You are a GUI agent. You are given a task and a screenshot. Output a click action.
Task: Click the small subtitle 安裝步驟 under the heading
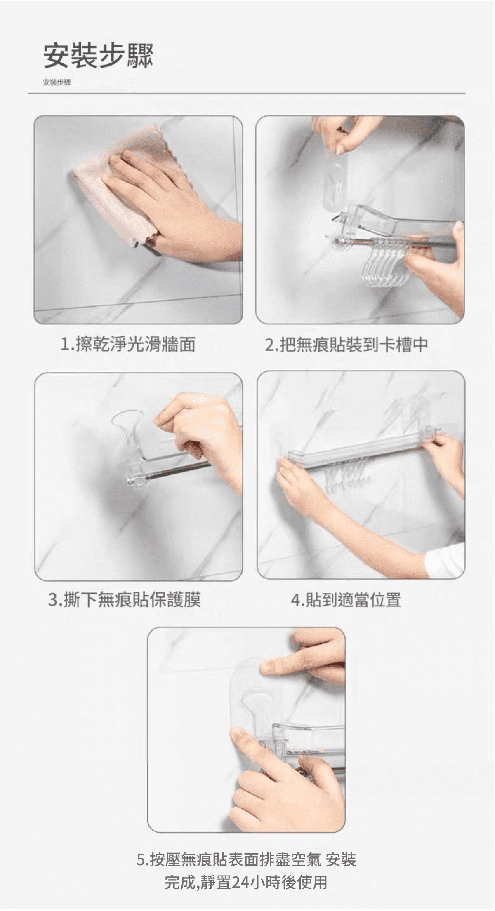point(57,82)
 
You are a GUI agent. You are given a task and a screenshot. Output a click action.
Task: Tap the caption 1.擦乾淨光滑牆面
point(128,344)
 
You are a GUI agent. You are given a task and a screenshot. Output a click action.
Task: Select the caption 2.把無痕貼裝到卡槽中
point(346,344)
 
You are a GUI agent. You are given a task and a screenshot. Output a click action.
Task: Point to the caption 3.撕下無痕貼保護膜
point(125,599)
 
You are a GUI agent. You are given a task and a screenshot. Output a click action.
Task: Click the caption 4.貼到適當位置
point(346,599)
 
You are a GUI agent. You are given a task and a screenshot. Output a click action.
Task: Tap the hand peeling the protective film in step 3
point(202,437)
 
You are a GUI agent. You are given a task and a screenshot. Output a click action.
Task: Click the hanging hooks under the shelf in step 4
point(342,478)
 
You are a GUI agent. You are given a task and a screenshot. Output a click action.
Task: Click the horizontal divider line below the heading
point(247,94)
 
